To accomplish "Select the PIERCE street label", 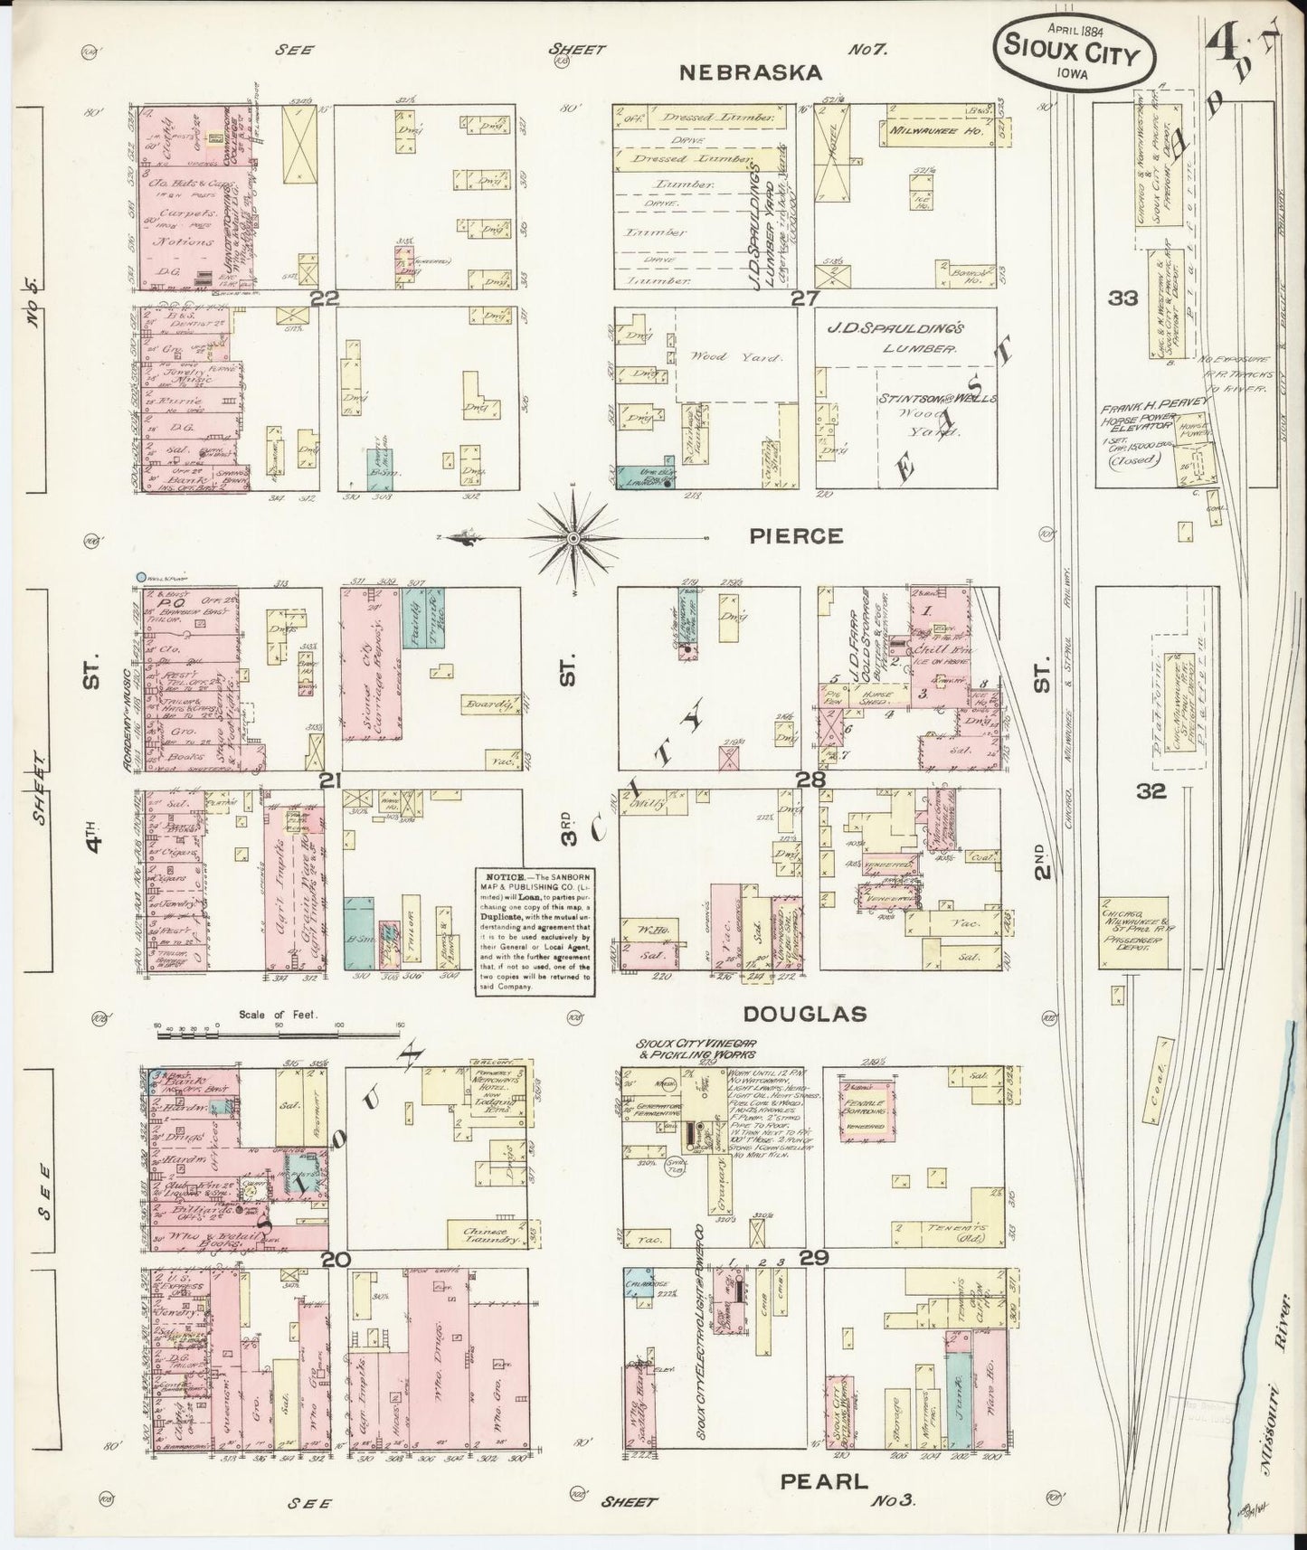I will pos(796,536).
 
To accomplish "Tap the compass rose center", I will pos(574,539).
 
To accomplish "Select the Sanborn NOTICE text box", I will pos(535,931).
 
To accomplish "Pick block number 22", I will pos(323,298).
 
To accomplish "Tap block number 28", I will pos(808,780).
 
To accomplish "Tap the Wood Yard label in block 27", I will pos(723,357).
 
